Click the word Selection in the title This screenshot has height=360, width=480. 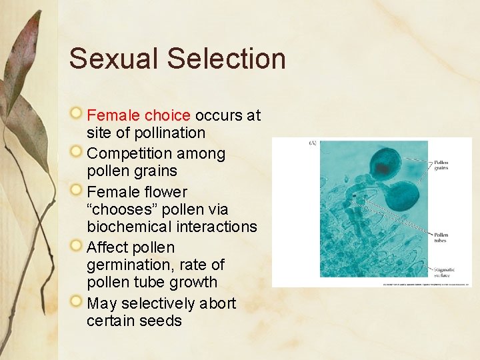226,59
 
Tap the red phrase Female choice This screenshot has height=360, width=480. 139,115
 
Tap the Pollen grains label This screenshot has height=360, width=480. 441,165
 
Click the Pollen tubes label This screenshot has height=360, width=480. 441,237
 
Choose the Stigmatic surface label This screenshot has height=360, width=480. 442,272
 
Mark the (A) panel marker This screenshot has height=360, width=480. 313,143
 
